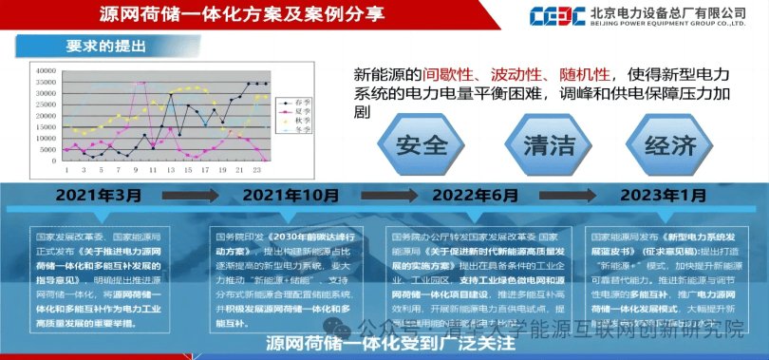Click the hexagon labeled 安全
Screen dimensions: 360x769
(x=422, y=145)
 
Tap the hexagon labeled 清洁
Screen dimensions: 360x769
(x=549, y=145)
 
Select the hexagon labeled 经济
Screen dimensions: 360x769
(x=671, y=145)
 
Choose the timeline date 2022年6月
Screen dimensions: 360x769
(x=477, y=196)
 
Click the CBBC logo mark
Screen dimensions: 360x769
(x=558, y=17)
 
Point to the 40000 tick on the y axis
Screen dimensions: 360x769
(x=46, y=70)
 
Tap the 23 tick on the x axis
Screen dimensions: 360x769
(x=256, y=171)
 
